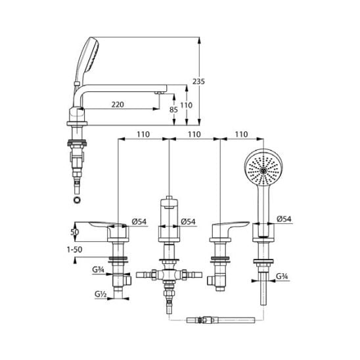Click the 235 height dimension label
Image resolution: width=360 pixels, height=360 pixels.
coord(198,81)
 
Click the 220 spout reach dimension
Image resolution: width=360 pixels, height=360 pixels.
coord(118,104)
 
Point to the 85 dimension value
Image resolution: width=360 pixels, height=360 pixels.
coord(173,110)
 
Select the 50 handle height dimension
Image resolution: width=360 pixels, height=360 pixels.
coord(75,232)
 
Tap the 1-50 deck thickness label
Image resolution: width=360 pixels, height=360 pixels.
coord(75,250)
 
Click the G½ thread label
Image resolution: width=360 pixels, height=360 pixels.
coord(101,294)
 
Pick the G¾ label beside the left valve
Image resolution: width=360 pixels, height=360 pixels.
coord(98,269)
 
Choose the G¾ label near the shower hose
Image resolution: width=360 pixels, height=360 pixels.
coord(282,276)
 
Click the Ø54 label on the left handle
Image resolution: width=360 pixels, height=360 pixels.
coord(139,221)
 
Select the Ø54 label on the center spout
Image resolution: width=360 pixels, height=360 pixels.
coord(188,221)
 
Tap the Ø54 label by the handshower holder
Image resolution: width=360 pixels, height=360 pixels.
coord(284,219)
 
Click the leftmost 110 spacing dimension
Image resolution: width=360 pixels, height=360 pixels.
coord(143,134)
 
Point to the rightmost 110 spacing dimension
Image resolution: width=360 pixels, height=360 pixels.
coord(242,134)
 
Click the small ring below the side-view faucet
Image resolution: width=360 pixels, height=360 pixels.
coord(77,200)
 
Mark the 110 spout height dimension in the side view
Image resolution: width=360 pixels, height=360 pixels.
coord(186,105)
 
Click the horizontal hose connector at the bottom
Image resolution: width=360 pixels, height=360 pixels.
coord(221,321)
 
